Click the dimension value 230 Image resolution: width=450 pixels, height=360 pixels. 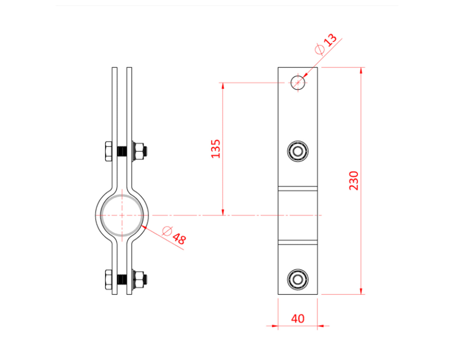pyautogui.click(x=354, y=180)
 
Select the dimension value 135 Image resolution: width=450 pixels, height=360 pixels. pyautogui.click(x=216, y=149)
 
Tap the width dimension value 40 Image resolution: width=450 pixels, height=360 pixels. pyautogui.click(x=298, y=319)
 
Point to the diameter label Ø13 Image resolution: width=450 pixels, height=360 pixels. pyautogui.click(x=326, y=44)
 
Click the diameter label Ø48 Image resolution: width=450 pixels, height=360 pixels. pyautogui.click(x=174, y=235)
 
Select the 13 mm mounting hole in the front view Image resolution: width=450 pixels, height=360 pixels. pyautogui.click(x=298, y=82)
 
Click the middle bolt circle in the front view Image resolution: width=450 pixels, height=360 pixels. pyautogui.click(x=298, y=151)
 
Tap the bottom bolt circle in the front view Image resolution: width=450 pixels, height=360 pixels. pyautogui.click(x=298, y=280)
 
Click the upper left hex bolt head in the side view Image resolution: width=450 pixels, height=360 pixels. pyautogui.click(x=109, y=151)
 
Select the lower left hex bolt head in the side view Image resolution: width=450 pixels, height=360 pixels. pyautogui.click(x=109, y=280)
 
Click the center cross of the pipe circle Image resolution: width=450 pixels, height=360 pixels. pyautogui.click(x=122, y=215)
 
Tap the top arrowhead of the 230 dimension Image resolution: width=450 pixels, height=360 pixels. pyautogui.click(x=361, y=70)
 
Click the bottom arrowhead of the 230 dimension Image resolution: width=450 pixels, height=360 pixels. pyautogui.click(x=361, y=291)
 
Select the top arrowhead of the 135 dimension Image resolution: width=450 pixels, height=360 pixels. pyautogui.click(x=223, y=86)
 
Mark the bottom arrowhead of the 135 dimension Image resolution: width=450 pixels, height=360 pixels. pyautogui.click(x=223, y=212)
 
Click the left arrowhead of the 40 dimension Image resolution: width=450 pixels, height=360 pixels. pyautogui.click(x=274, y=325)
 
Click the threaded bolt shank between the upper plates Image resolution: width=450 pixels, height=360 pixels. pyautogui.click(x=122, y=151)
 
